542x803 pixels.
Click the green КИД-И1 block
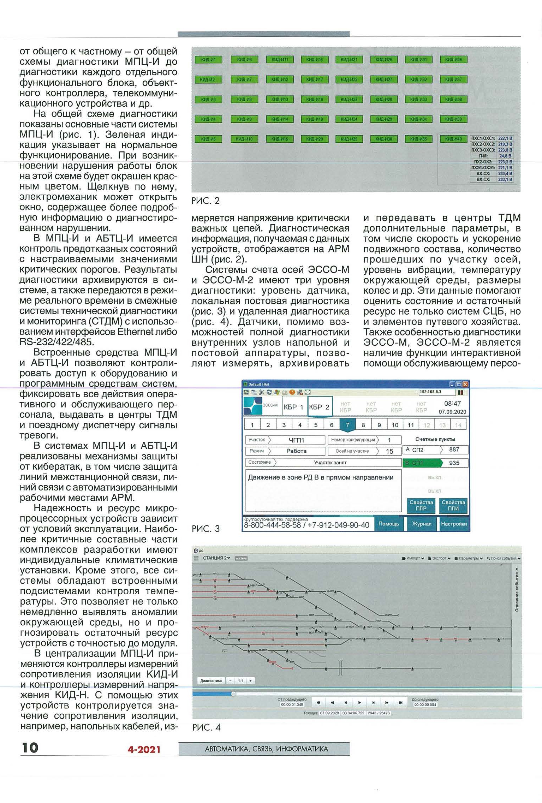(208, 60)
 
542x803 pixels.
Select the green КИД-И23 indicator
(349, 100)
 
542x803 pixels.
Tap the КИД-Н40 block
(453, 139)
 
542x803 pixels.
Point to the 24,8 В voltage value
(505, 156)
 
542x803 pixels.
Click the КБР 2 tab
(319, 407)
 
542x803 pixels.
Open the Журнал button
(422, 524)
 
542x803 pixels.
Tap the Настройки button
(454, 524)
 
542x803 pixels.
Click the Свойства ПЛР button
(421, 505)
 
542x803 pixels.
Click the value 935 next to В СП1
(454, 463)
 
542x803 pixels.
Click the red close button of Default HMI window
(466, 384)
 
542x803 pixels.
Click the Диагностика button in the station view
(211, 681)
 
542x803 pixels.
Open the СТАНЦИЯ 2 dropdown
(216, 558)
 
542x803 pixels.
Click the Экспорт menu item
(439, 559)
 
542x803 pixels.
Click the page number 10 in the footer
(30, 748)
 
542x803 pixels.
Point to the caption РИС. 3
(206, 529)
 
